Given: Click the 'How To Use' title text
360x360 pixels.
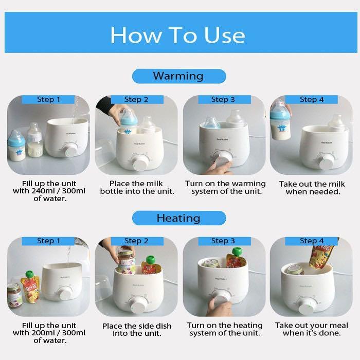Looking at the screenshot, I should click(x=177, y=34).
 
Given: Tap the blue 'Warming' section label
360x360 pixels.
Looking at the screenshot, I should click(x=178, y=76).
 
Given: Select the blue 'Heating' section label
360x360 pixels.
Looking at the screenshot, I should click(x=178, y=218).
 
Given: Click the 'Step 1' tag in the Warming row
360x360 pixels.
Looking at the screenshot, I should click(x=48, y=99).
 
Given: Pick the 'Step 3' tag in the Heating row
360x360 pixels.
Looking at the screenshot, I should click(x=223, y=241).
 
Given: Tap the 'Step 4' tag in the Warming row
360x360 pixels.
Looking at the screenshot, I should click(x=312, y=99).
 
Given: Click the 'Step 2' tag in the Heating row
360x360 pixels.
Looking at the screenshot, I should click(x=136, y=241).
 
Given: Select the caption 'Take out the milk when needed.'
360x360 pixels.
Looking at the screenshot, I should click(x=312, y=188).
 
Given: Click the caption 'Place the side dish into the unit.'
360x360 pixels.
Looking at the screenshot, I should click(x=137, y=330).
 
